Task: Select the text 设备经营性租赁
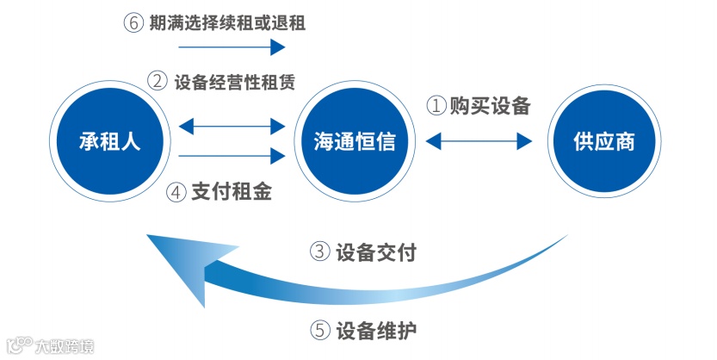point(234,82)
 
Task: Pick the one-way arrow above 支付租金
point(230,155)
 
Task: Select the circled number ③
point(319,252)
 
